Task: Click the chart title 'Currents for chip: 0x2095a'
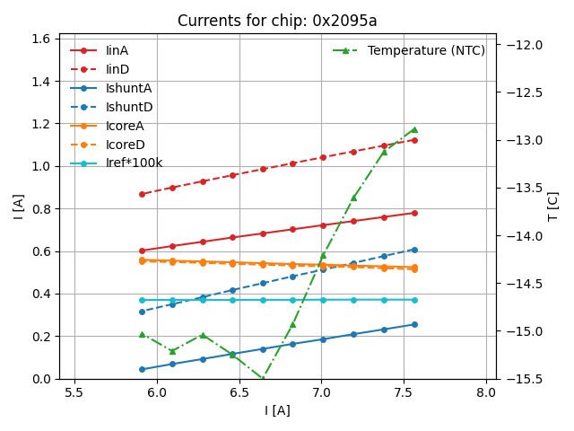pyautogui.click(x=277, y=21)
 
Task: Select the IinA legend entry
pyautogui.click(x=117, y=50)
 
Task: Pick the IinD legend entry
pyautogui.click(x=117, y=69)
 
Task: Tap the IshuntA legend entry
pyautogui.click(x=128, y=88)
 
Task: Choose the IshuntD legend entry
pyautogui.click(x=128, y=107)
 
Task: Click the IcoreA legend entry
pyautogui.click(x=125, y=126)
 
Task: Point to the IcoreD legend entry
pyautogui.click(x=125, y=145)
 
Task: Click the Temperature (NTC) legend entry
pyautogui.click(x=426, y=50)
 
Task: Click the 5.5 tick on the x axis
pyautogui.click(x=74, y=392)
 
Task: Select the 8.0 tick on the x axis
pyautogui.click(x=486, y=392)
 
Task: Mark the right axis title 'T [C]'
pyautogui.click(x=553, y=207)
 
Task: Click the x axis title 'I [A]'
pyautogui.click(x=277, y=410)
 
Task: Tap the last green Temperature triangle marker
pyautogui.click(x=413, y=129)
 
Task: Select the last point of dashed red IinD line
pyautogui.click(x=413, y=140)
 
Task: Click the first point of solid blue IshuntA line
pyautogui.click(x=142, y=369)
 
